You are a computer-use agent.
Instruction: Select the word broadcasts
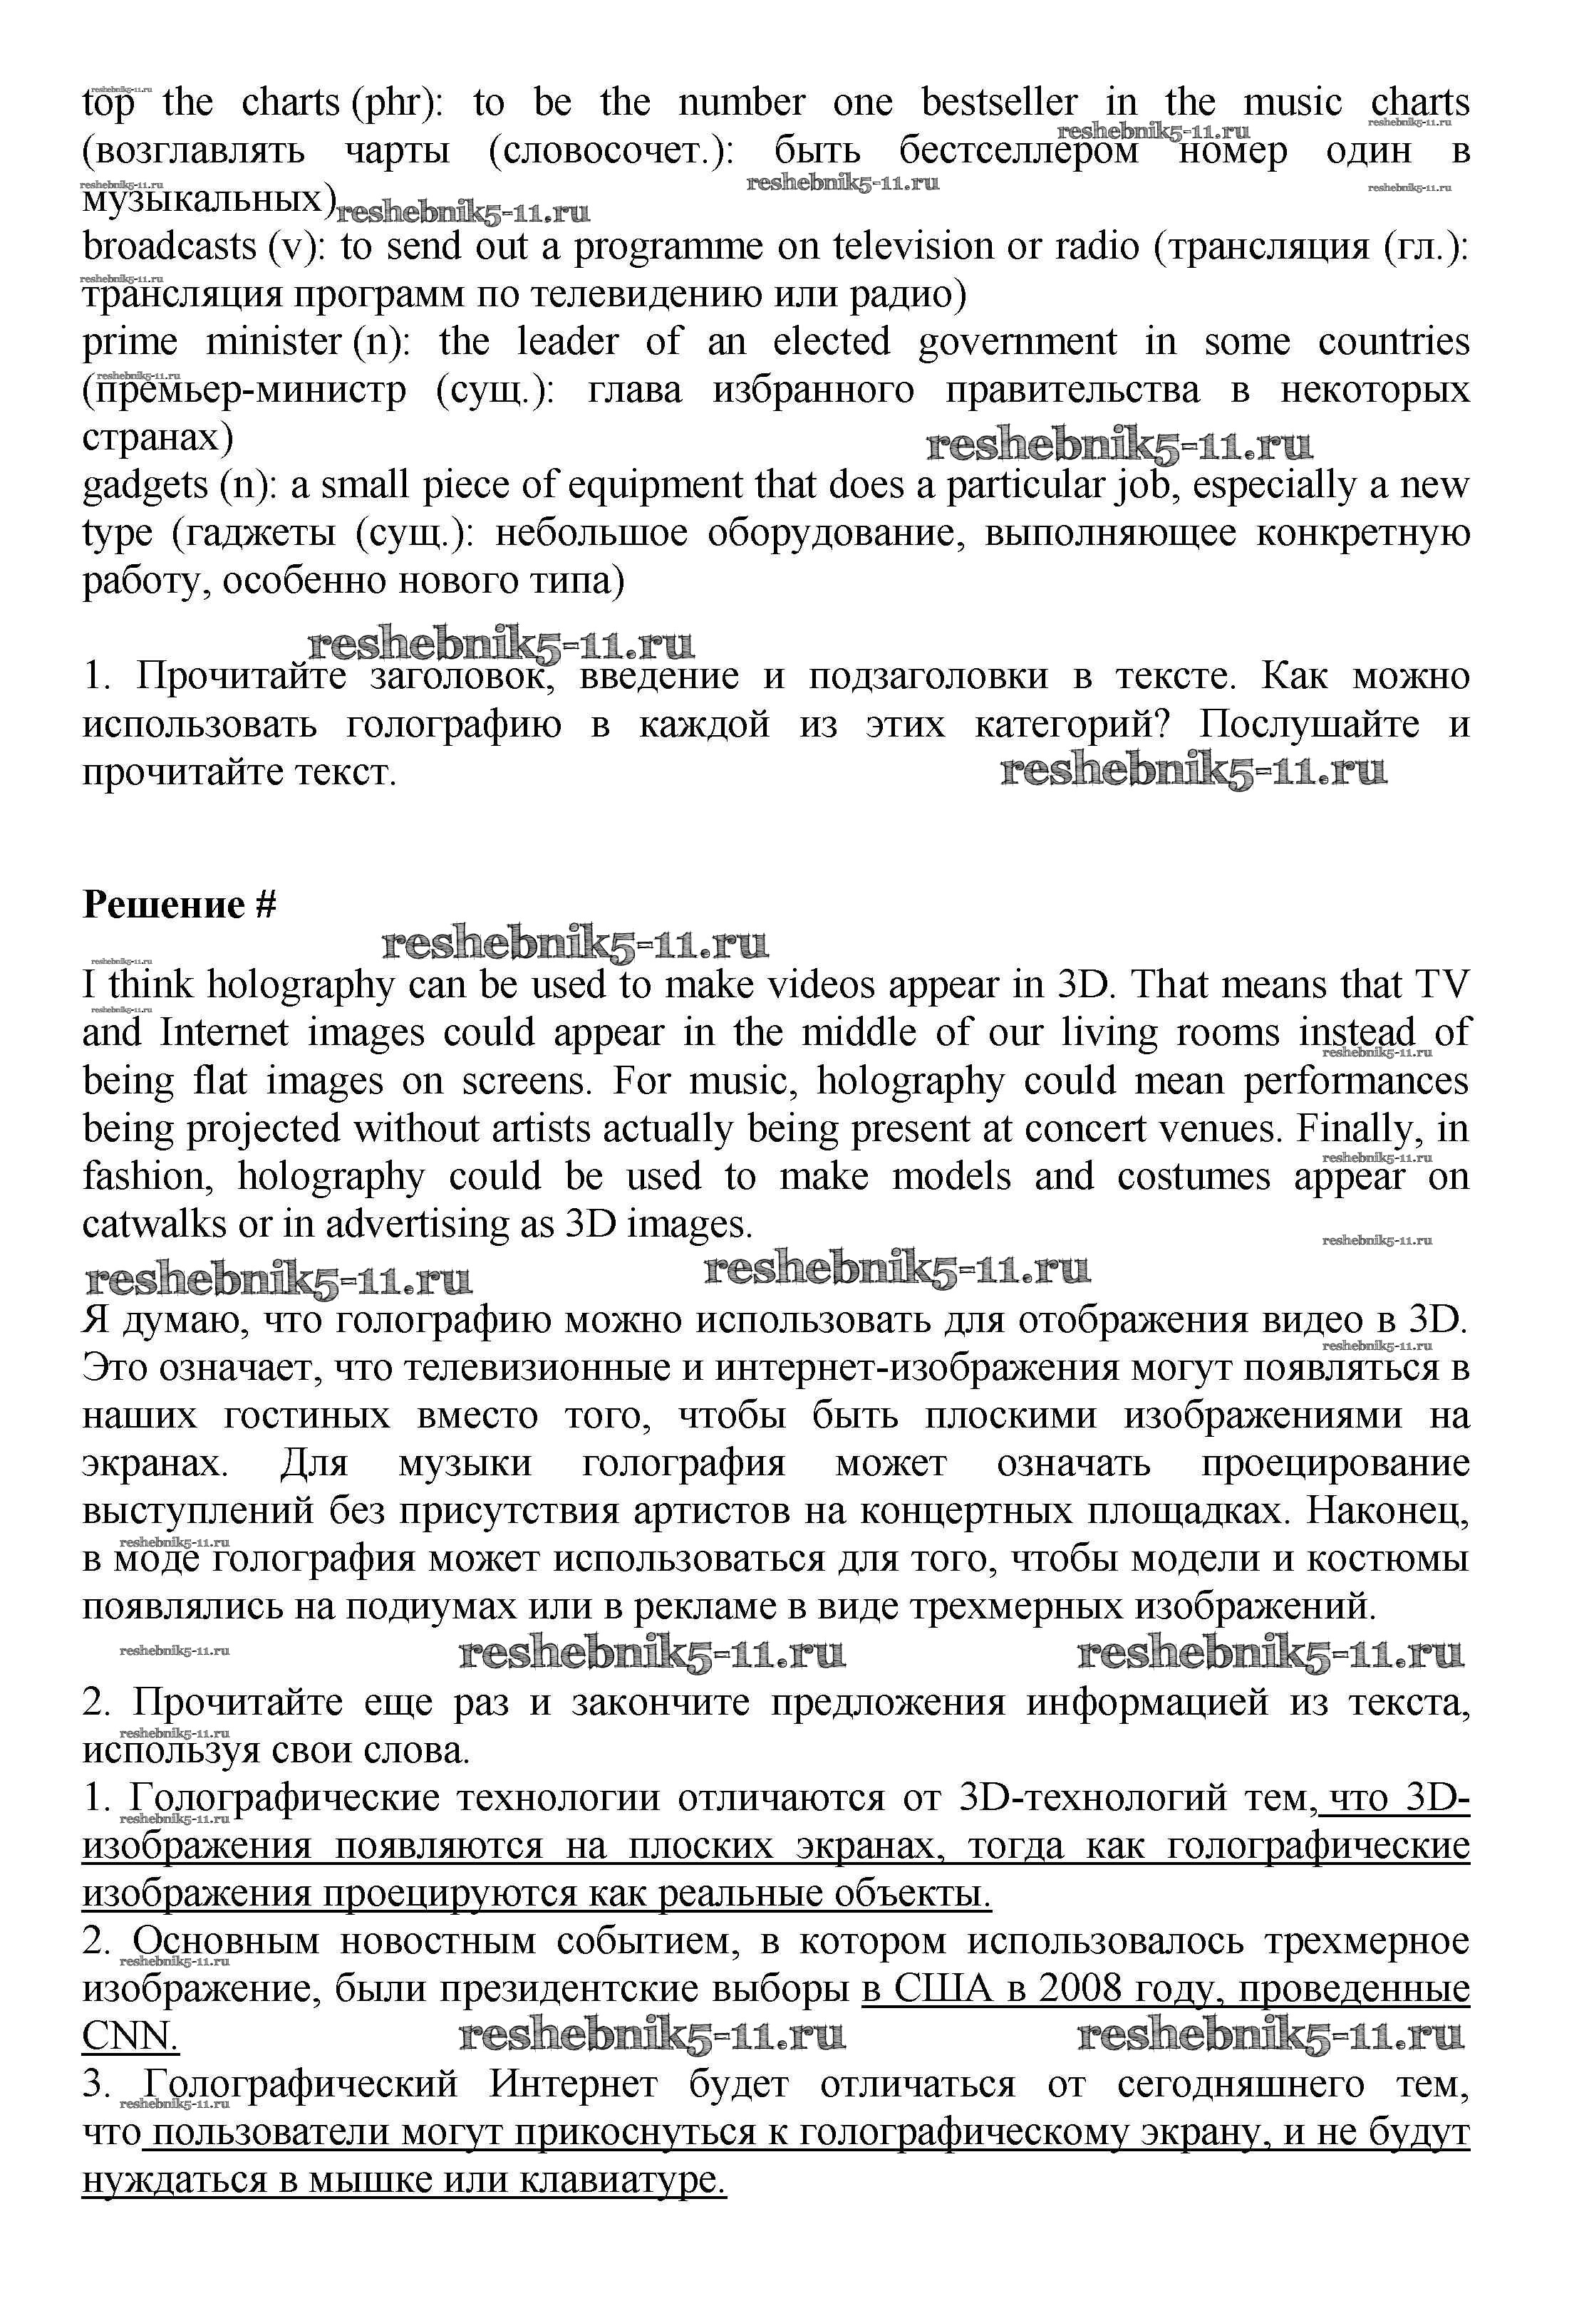[x=169, y=246]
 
